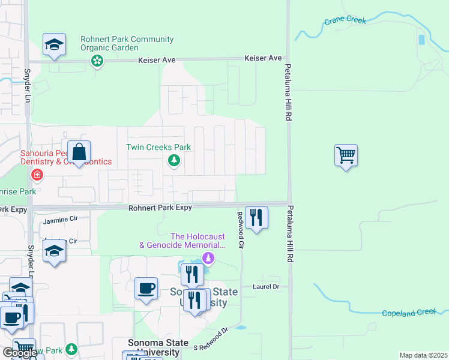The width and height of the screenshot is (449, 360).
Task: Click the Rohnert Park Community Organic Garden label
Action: pyautogui.click(x=127, y=44)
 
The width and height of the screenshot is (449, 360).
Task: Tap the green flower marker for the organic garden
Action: pyautogui.click(x=97, y=61)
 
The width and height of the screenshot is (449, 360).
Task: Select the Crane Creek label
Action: pyautogui.click(x=345, y=20)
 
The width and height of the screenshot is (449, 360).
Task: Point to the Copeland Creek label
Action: pyautogui.click(x=408, y=313)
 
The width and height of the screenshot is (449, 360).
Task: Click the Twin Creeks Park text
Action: pyautogui.click(x=158, y=147)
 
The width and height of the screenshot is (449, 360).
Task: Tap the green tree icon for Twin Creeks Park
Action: pyautogui.click(x=174, y=160)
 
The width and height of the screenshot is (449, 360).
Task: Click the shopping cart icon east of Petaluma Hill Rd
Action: pyautogui.click(x=346, y=155)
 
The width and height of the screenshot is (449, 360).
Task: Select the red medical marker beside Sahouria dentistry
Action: pyautogui.click(x=37, y=175)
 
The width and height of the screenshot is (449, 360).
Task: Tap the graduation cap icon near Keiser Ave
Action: pyautogui.click(x=54, y=44)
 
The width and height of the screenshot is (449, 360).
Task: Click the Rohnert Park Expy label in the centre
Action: pyautogui.click(x=160, y=208)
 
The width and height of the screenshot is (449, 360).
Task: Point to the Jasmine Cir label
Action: pyautogui.click(x=61, y=221)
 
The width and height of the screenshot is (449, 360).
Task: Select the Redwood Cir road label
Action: pyautogui.click(x=241, y=230)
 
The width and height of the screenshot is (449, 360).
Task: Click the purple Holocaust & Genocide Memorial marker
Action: pyautogui.click(x=208, y=259)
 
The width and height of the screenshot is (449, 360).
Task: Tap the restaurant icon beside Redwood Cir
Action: pyautogui.click(x=256, y=218)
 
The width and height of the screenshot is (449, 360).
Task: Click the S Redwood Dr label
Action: pyautogui.click(x=211, y=339)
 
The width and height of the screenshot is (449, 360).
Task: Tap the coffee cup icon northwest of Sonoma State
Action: pyautogui.click(x=146, y=289)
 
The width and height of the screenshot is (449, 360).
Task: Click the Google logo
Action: pyautogui.click(x=19, y=353)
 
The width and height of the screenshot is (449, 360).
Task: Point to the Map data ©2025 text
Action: pyautogui.click(x=423, y=355)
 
